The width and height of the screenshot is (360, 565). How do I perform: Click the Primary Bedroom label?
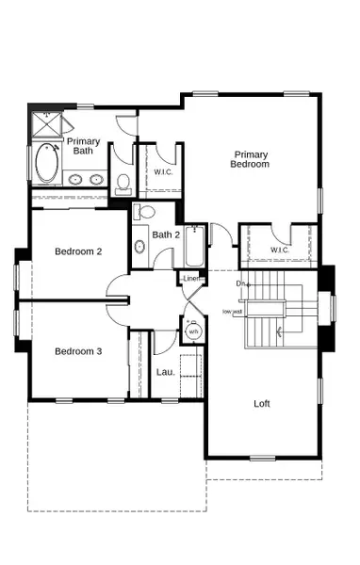pyautogui.click(x=252, y=159)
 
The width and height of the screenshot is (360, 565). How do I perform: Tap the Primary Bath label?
pyautogui.click(x=83, y=146)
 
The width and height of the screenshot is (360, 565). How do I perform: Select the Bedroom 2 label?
pyautogui.click(x=77, y=251)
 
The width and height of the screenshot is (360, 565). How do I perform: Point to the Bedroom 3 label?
pyautogui.click(x=77, y=351)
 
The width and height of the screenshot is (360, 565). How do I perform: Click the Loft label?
pyautogui.click(x=262, y=403)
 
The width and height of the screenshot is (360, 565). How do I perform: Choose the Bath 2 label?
pyautogui.click(x=166, y=234)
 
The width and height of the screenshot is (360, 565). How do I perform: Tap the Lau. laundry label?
pyautogui.click(x=164, y=371)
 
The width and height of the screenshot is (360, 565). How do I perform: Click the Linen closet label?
pyautogui.click(x=190, y=279)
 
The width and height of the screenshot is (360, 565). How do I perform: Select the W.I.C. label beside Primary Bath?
pyautogui.click(x=162, y=172)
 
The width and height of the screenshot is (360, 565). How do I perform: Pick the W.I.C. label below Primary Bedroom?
pyautogui.click(x=279, y=250)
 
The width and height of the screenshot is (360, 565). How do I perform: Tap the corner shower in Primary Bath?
pyautogui.click(x=45, y=125)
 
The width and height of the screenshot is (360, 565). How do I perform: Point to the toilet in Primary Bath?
pyautogui.click(x=123, y=185)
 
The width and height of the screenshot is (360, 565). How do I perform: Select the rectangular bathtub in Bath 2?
pyautogui.click(x=195, y=247)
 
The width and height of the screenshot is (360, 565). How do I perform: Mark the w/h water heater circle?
pyautogui.click(x=193, y=331)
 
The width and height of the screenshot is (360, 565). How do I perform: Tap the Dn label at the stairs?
pyautogui.click(x=240, y=283)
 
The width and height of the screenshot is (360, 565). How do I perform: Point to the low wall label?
pyautogui.click(x=232, y=312)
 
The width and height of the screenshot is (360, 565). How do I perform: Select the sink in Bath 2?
pyautogui.click(x=139, y=248)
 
